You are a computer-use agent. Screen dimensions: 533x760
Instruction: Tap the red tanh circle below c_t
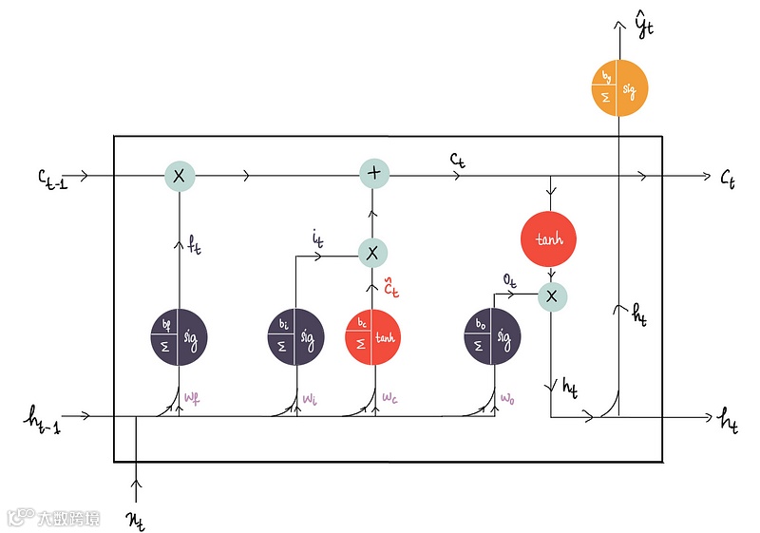pos(549,239)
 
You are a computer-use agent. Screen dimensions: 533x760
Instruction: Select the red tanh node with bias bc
pos(372,336)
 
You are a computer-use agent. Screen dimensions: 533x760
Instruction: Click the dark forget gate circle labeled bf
pos(179,336)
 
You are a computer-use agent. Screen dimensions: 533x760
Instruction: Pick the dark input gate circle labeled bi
pos(294,336)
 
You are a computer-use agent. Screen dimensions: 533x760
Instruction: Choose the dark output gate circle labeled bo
pos(492,336)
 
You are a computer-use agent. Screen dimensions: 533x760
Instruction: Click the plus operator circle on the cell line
pos(372,175)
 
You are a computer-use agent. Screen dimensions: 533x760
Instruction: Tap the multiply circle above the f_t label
pos(179,176)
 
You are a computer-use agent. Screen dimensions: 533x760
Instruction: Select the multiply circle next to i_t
pos(372,252)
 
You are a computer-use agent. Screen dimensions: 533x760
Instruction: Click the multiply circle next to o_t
pos(551,296)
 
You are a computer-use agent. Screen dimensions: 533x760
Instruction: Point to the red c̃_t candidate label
pos(389,285)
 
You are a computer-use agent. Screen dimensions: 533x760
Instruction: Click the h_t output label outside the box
pos(730,418)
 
